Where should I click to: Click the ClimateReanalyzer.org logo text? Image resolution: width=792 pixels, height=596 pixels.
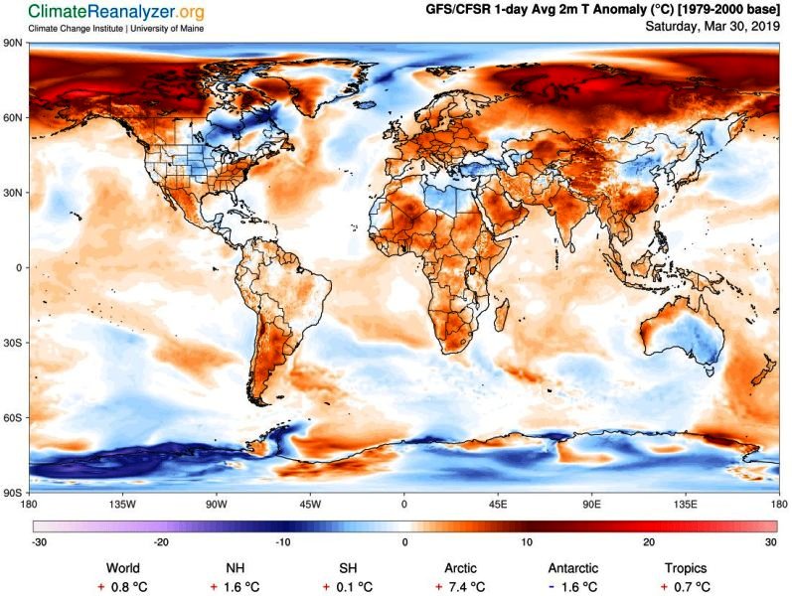tap(103, 12)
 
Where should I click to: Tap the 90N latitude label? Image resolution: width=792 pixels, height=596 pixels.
tap(13, 44)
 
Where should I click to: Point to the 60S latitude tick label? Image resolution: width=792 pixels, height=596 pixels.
tap(13, 417)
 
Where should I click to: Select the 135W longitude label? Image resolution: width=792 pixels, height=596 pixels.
tap(122, 504)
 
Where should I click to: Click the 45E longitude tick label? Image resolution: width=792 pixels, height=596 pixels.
tap(498, 504)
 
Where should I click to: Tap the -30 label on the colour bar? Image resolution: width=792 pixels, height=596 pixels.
tap(38, 541)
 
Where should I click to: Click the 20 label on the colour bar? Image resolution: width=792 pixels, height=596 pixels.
tap(649, 541)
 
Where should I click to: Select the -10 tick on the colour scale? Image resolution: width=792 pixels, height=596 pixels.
tap(283, 541)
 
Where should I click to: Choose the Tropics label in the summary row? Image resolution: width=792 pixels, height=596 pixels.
tap(686, 568)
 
